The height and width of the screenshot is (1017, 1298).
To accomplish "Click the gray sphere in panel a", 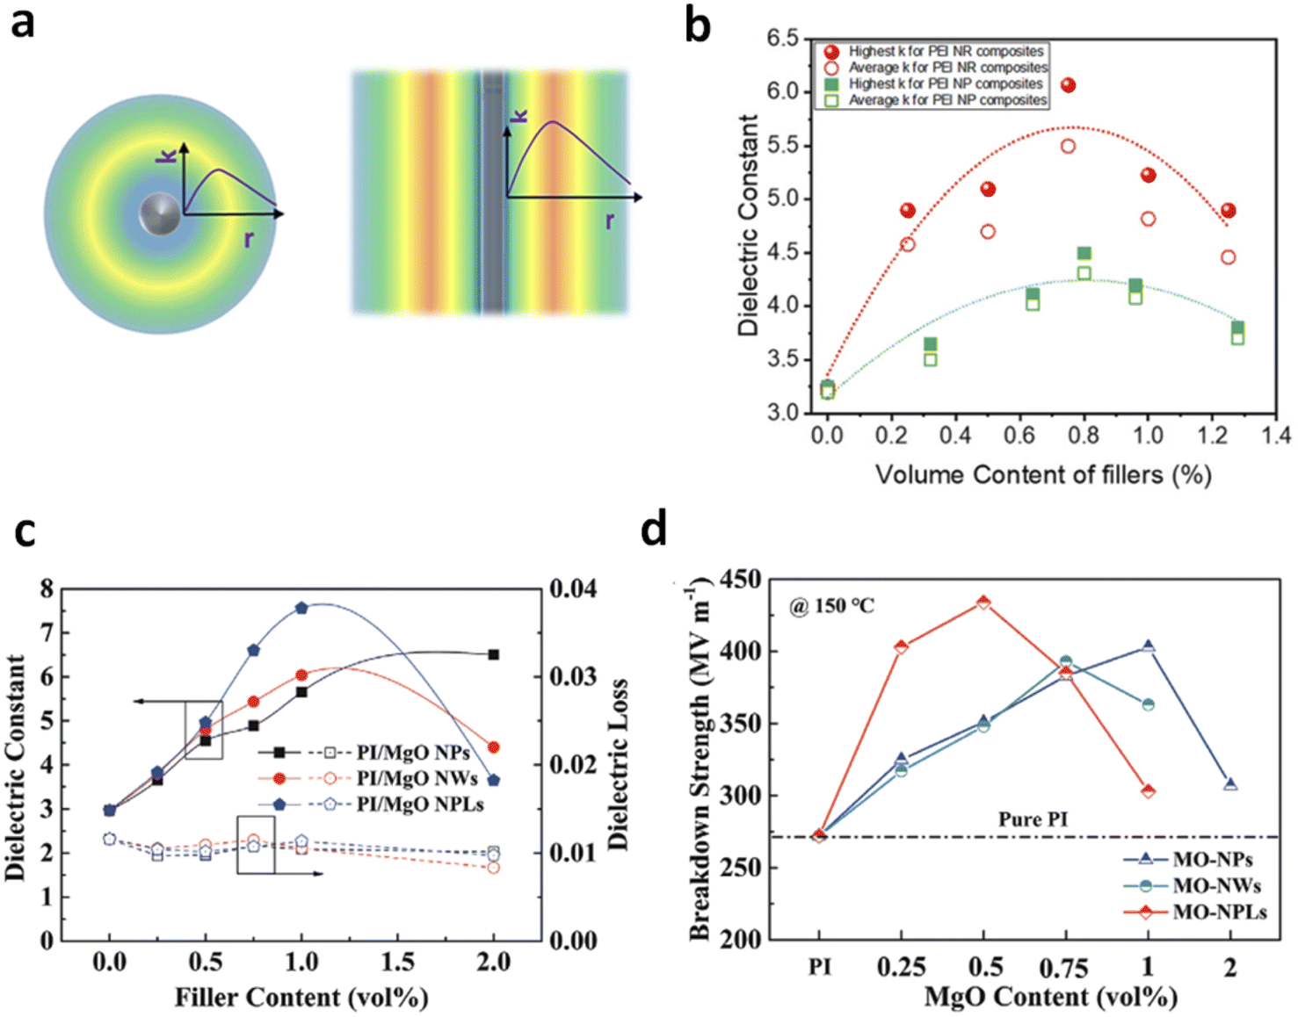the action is click(159, 213).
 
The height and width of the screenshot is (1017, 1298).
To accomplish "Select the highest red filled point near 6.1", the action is click(1068, 85).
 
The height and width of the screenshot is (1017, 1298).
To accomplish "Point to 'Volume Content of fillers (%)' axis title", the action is click(1043, 475).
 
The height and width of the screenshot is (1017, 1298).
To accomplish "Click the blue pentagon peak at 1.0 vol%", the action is click(301, 608).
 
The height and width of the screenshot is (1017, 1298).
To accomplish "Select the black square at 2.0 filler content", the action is click(493, 654).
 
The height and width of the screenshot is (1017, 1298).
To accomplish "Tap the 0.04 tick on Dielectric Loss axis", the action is click(573, 589).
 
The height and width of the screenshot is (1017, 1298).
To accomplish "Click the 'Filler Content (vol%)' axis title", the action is click(301, 997).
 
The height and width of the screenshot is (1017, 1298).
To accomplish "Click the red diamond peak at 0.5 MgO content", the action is click(983, 602).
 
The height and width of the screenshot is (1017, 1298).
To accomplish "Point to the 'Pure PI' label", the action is click(1033, 819).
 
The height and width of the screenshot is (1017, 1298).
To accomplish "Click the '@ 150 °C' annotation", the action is click(831, 606).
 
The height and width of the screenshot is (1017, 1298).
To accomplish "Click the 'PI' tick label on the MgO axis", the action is click(819, 966).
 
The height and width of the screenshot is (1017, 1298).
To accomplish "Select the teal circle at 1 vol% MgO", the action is click(1148, 704).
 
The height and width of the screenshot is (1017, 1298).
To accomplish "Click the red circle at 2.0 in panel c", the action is click(493, 747).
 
